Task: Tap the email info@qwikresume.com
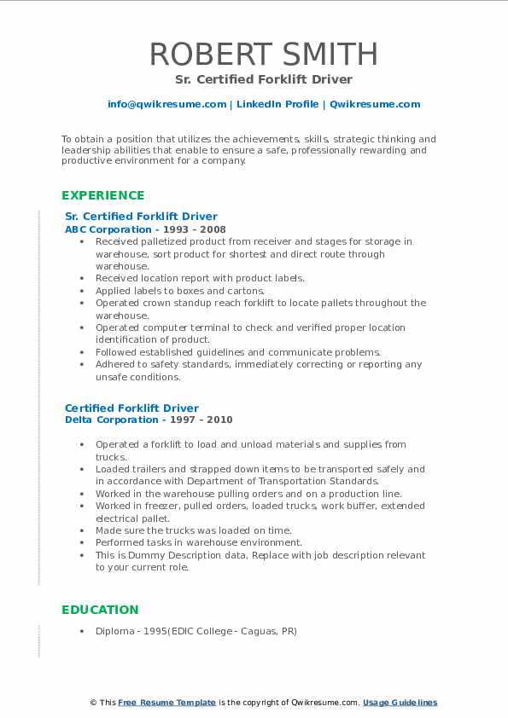(166, 104)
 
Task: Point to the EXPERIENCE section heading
(103, 195)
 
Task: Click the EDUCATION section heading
(100, 610)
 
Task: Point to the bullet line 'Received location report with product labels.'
(200, 278)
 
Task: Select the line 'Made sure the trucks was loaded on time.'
(193, 530)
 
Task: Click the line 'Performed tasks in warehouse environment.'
(199, 542)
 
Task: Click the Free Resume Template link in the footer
(166, 703)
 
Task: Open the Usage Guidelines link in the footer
(400, 703)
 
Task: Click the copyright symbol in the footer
(93, 703)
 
